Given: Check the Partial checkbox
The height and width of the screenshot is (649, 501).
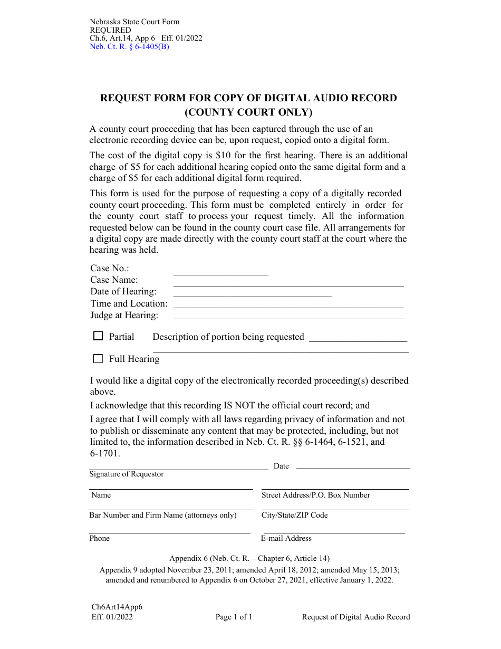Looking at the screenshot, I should [x=98, y=336].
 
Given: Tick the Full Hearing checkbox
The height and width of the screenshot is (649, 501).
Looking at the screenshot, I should [x=98, y=359].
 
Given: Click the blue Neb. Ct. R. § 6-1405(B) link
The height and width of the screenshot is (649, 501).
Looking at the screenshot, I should [x=129, y=46].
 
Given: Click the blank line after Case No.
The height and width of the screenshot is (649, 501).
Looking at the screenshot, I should [x=220, y=272].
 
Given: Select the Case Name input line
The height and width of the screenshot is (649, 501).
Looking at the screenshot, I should [x=288, y=284].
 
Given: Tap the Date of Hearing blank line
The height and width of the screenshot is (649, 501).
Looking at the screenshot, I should [x=252, y=295].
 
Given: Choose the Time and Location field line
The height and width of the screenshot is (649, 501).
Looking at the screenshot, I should [x=288, y=307].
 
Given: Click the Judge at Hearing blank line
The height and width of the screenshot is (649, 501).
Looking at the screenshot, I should [x=288, y=318].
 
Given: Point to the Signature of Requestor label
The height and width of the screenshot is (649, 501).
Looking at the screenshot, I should [x=127, y=474].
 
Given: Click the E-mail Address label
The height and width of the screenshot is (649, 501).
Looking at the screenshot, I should [x=286, y=538].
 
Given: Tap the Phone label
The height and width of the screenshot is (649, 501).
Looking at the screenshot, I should [x=100, y=538].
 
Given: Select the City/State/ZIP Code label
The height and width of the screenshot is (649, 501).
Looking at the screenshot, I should [x=294, y=515].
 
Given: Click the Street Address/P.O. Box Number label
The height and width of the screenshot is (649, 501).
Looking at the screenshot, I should [x=315, y=495].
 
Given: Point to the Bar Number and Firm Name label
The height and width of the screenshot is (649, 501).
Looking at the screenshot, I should [x=162, y=515].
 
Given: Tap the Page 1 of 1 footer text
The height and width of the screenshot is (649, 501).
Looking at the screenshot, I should [x=234, y=617].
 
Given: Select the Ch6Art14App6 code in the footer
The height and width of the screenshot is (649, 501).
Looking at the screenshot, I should [x=117, y=607].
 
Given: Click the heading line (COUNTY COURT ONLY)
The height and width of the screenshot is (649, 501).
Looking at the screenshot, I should [x=248, y=112].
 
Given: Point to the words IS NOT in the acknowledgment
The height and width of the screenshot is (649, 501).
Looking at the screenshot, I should [x=239, y=405].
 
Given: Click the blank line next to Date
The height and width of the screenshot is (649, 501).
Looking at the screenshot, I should [x=353, y=467].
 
